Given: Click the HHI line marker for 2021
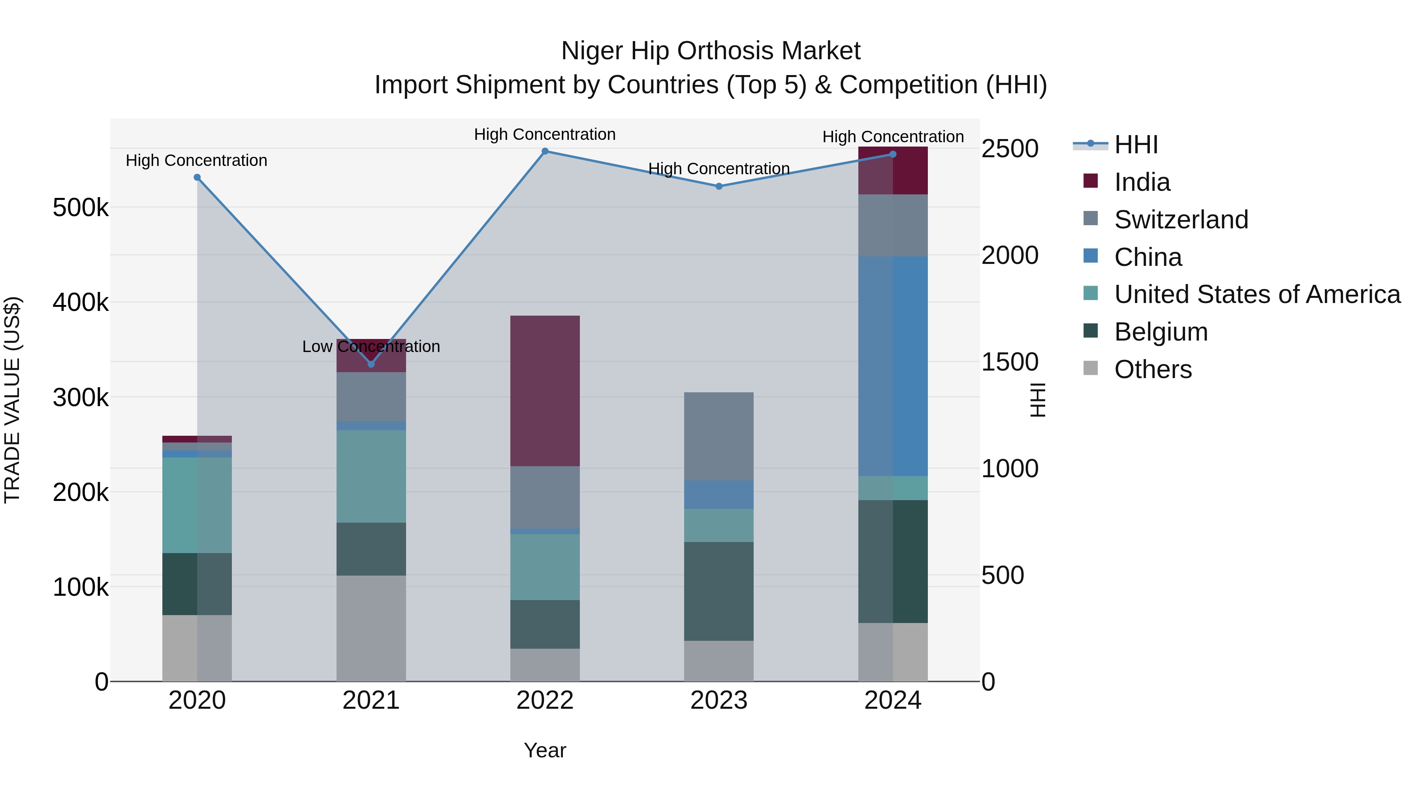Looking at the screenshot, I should pos(371,364).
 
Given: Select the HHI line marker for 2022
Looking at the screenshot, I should pos(545,151).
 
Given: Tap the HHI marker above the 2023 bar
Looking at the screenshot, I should pos(719,186).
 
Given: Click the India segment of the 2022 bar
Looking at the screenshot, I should pos(545,391).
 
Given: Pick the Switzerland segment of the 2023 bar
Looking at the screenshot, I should pos(719,436).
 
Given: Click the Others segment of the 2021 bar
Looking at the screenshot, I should pos(371,628).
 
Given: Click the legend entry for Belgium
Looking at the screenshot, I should pos(1161,332).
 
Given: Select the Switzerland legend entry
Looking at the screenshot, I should pos(1180,220).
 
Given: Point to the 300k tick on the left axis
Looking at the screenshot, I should pos(81,397).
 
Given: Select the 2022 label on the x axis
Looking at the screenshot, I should pos(545,700).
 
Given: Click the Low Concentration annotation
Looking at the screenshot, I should pos(371,347).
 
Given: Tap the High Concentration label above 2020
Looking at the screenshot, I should pos(197,161).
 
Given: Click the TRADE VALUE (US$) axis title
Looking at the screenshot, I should pos(12,400).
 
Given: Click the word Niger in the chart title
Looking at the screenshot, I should pos(592,51).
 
